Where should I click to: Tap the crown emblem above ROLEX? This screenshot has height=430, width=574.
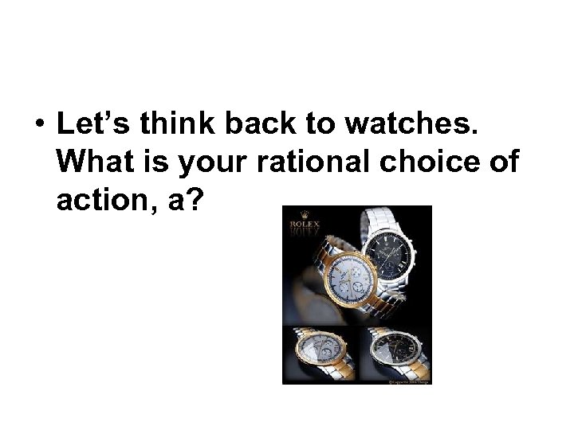click(303, 214)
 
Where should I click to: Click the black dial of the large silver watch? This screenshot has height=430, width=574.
click(398, 256)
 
